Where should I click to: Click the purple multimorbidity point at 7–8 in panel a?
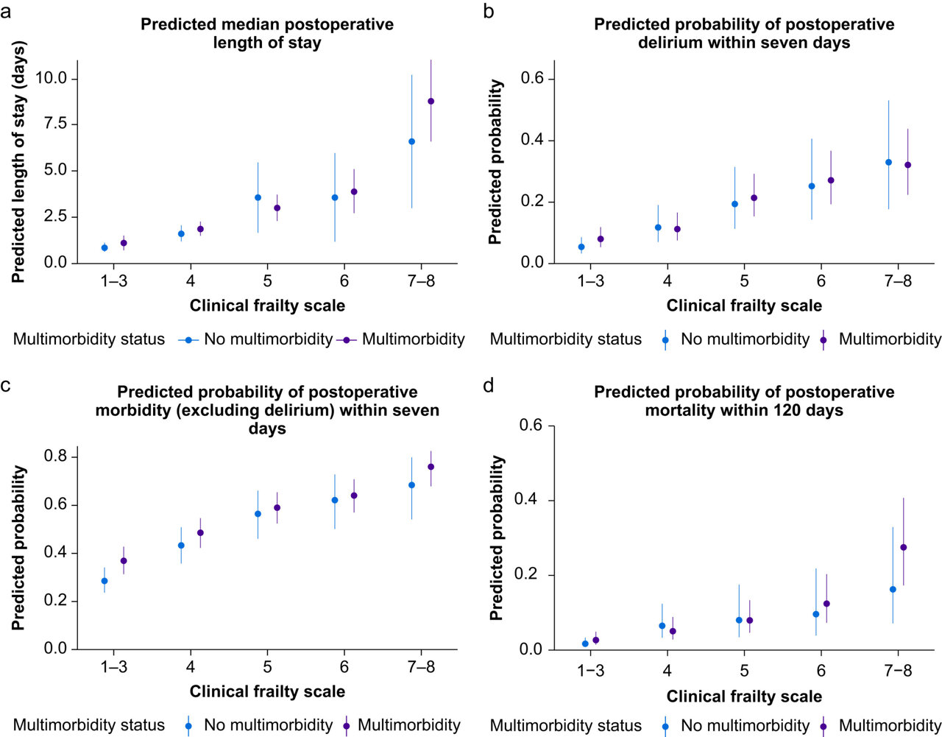[431, 101]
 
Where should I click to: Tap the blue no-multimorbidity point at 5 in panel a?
[258, 197]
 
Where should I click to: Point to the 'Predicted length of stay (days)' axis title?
[18, 162]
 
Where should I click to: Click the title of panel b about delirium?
[744, 33]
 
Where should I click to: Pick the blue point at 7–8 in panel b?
[888, 162]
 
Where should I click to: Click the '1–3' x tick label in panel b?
[590, 281]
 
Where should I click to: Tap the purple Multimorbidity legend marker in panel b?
[823, 339]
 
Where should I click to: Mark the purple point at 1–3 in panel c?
[124, 560]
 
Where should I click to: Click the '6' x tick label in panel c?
[344, 666]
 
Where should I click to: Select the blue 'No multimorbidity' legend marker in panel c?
[188, 725]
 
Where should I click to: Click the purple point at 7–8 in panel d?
[904, 547]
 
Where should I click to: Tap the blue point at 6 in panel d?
[815, 614]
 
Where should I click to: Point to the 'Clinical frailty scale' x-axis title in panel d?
[744, 696]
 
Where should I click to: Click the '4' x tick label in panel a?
[191, 281]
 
